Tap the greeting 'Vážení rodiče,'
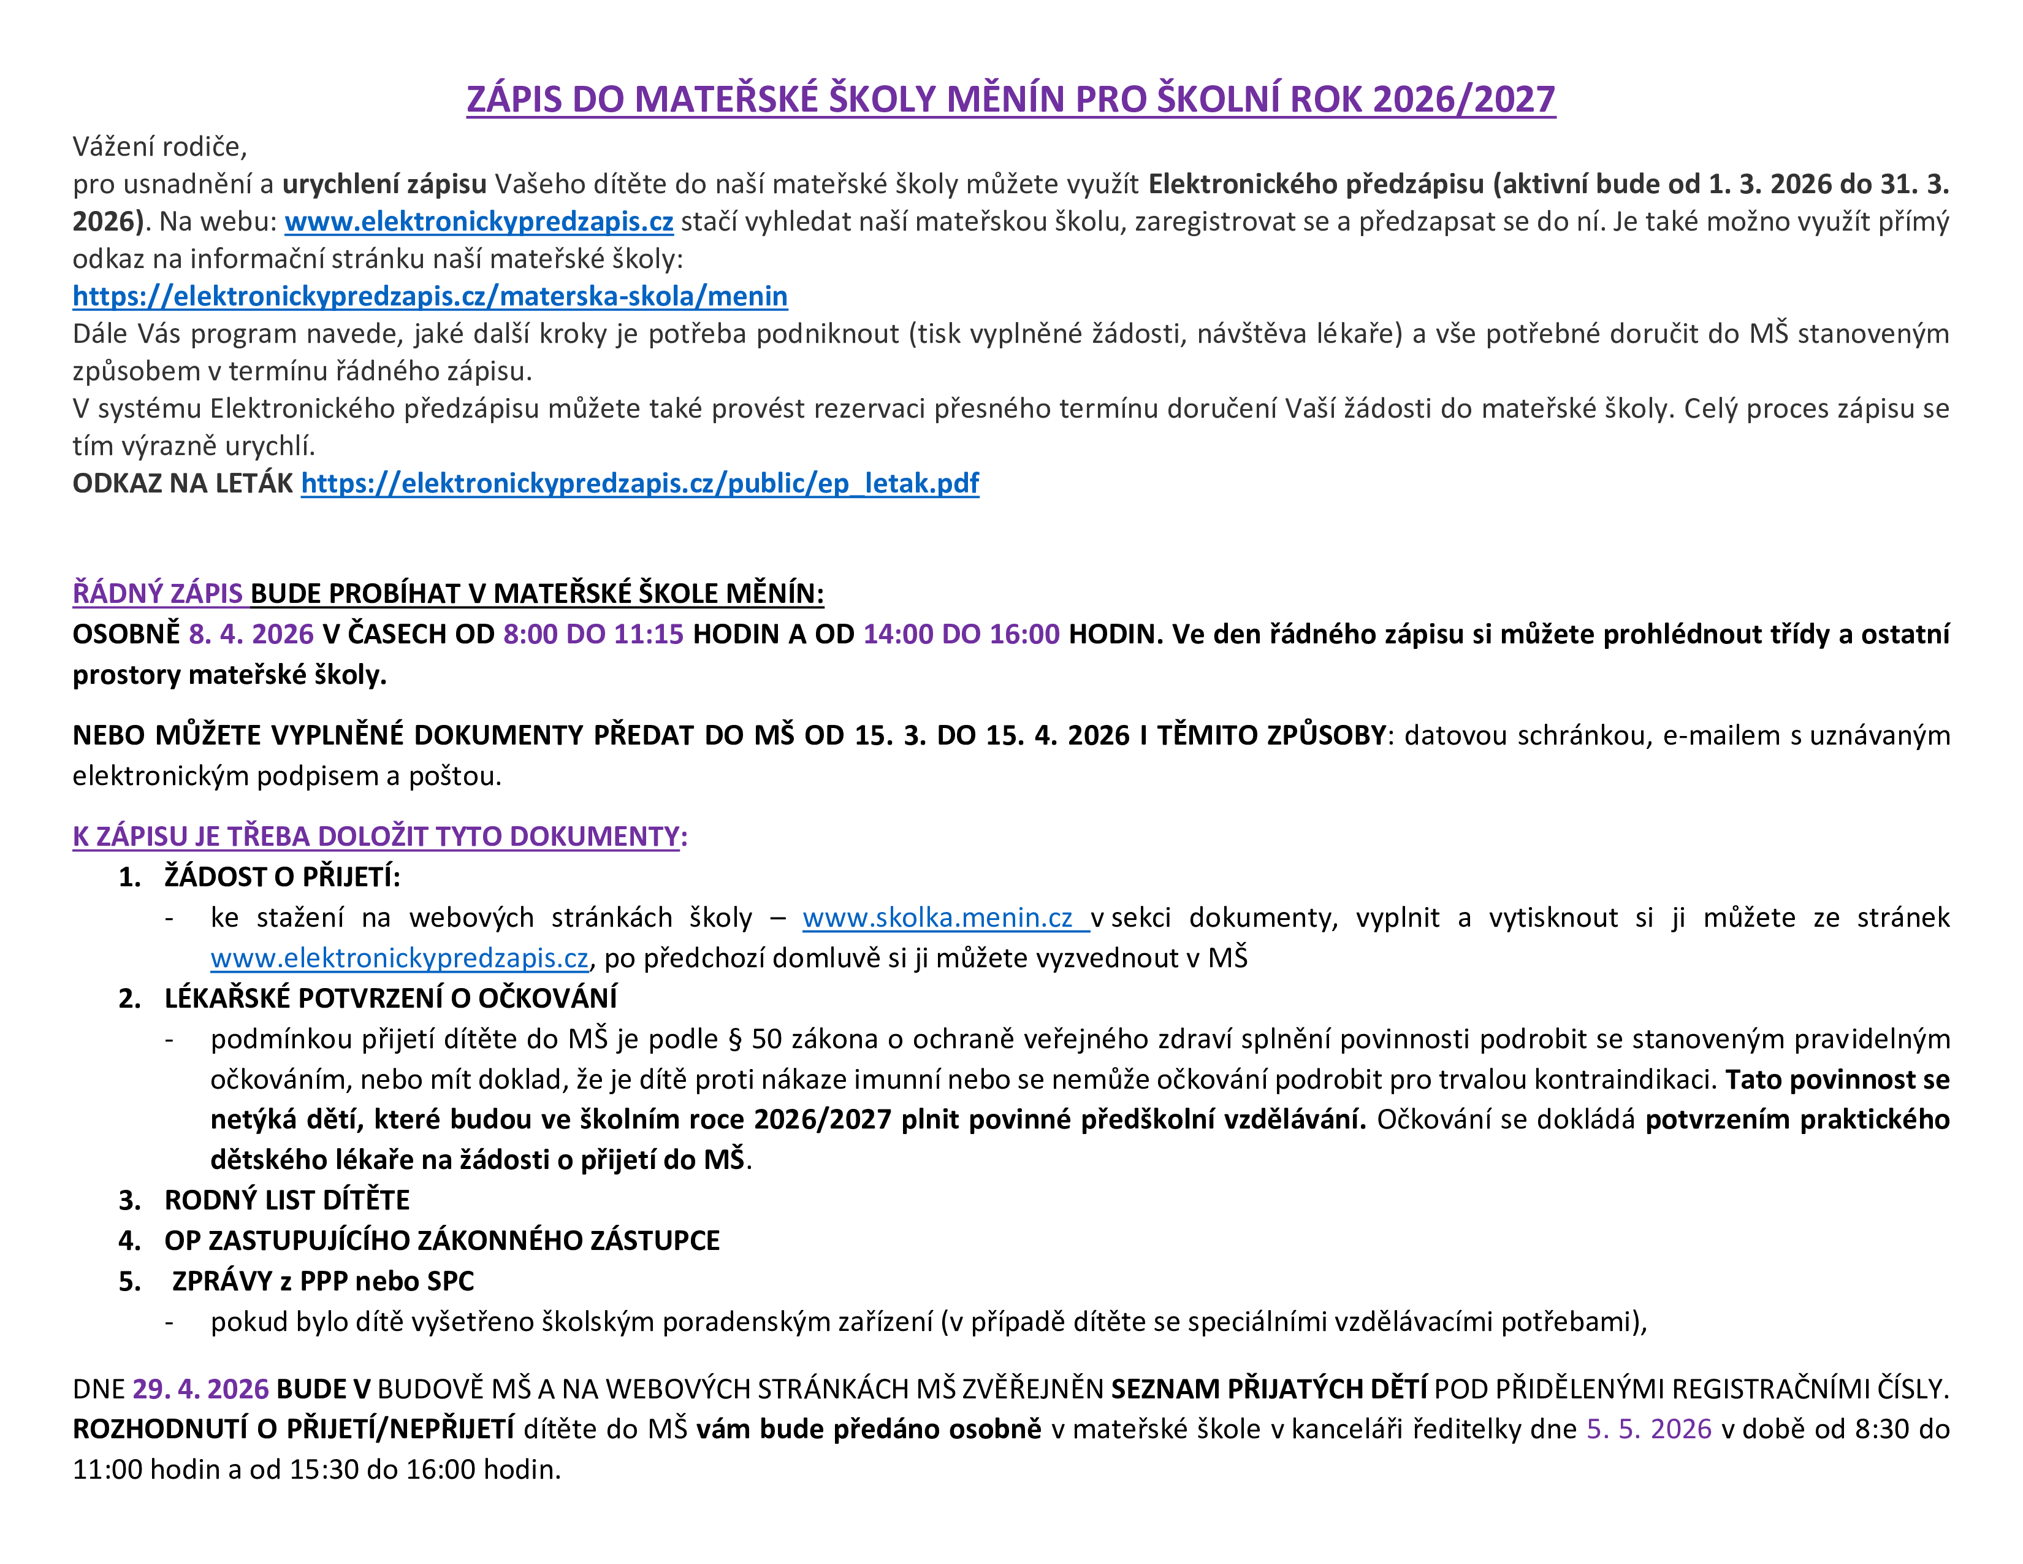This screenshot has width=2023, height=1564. click(160, 147)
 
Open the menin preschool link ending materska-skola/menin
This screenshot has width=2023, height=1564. click(430, 296)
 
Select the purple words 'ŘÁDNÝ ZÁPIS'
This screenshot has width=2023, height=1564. click(158, 593)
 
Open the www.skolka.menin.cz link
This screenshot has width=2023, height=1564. click(937, 918)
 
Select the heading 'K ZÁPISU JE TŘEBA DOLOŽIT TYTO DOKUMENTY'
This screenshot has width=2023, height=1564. click(376, 836)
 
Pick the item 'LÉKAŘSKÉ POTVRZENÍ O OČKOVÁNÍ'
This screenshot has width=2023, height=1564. click(390, 998)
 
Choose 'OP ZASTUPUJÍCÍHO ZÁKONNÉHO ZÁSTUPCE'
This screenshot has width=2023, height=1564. click(442, 1241)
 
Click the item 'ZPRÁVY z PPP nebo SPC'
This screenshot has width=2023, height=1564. click(322, 1281)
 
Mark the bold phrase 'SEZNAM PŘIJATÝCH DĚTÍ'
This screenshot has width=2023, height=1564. click(1268, 1389)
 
